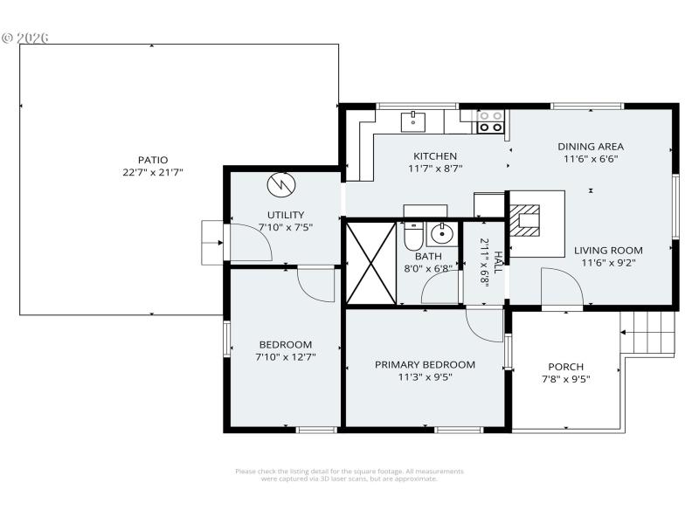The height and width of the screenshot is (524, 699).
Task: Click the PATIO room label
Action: (152, 160)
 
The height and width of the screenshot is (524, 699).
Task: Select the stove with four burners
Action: (490, 121)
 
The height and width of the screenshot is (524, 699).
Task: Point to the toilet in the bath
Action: (413, 236)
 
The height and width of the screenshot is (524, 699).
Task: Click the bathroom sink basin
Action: (443, 233)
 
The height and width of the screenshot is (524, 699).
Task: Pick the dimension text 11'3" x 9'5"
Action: (425, 377)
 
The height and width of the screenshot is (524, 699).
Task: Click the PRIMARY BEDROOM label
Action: (425, 364)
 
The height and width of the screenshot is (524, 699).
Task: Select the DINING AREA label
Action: (592, 147)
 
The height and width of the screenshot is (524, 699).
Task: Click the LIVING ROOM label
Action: (608, 250)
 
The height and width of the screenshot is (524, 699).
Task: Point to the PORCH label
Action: (565, 366)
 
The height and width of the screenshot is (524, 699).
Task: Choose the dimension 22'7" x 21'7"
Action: (152, 173)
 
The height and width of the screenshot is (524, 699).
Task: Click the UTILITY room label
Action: (286, 215)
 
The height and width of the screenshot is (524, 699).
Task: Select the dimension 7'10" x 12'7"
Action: (285, 357)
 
